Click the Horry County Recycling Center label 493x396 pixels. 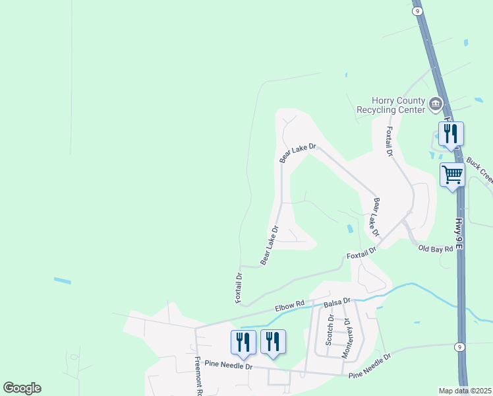[390, 104]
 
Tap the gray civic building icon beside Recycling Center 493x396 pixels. [435, 104]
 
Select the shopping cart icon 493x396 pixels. [453, 176]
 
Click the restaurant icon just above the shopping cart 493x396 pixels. [451, 134]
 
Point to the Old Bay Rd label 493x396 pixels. [436, 249]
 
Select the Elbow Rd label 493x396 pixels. [290, 305]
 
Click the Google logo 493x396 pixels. [22, 388]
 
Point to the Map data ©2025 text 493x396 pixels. [465, 391]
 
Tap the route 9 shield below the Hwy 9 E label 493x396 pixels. [460, 347]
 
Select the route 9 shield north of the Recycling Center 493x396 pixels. [417, 11]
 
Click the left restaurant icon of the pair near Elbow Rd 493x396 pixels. [243, 342]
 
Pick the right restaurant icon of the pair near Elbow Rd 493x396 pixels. [273, 342]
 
